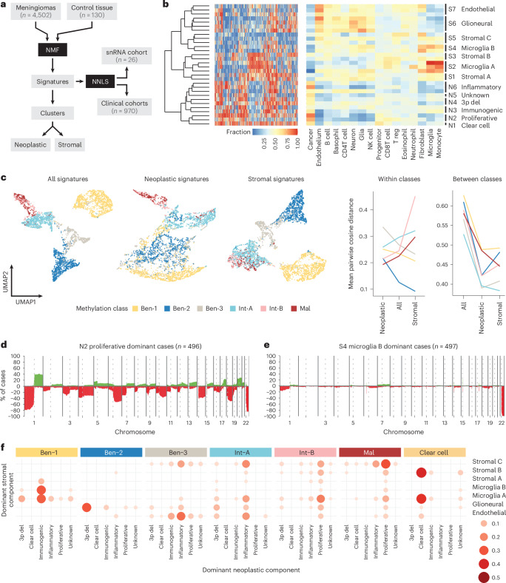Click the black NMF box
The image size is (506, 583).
tap(53, 50)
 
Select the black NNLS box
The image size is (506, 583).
tap(100, 81)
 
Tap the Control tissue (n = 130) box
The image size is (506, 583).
tap(92, 11)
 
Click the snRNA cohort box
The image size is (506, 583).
tap(127, 55)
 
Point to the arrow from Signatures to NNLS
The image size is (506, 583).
tap(79, 81)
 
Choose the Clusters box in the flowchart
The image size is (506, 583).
tap(53, 113)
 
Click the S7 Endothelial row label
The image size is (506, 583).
tap(471, 10)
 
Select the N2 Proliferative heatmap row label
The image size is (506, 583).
tap(473, 118)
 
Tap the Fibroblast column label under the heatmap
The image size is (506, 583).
tap(422, 144)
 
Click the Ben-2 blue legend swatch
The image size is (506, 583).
tap(167, 309)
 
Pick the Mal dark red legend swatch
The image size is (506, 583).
tap(294, 309)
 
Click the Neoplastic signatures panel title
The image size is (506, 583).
tap(177, 179)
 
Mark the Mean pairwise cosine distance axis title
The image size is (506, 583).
tap(351, 243)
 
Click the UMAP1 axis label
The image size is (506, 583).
tap(26, 302)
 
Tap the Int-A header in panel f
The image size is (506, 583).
tap(240, 452)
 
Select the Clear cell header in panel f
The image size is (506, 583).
tap(435, 452)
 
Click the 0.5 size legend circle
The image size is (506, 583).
tap(484, 577)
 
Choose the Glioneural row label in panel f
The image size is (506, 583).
tap(488, 504)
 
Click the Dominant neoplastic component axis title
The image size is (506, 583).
tap(252, 570)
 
